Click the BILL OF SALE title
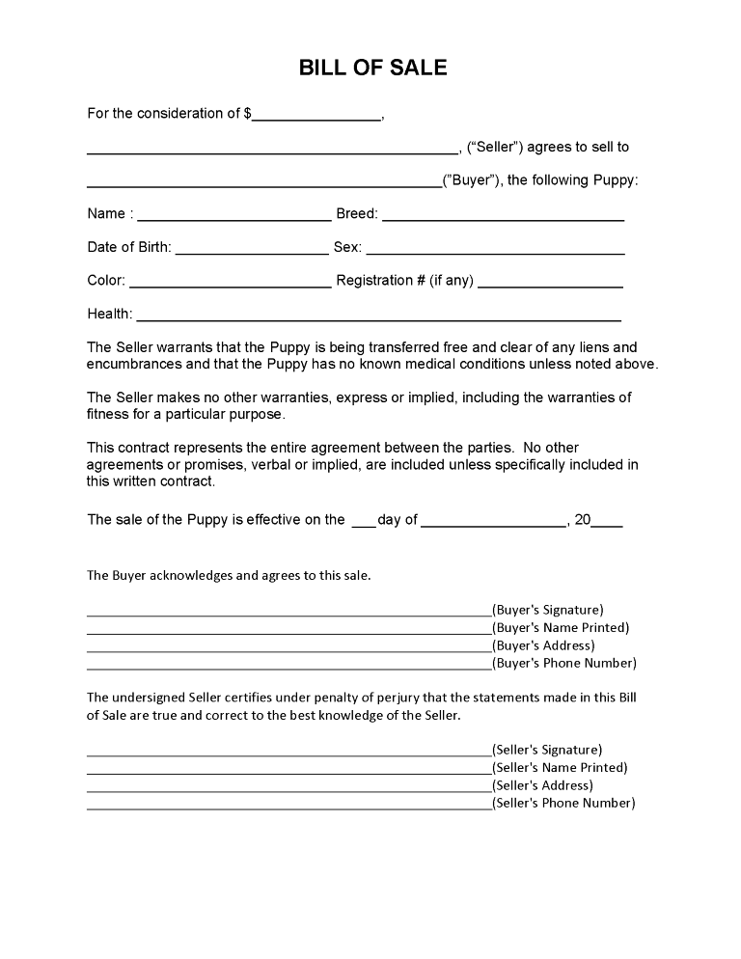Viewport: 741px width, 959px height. pyautogui.click(x=372, y=68)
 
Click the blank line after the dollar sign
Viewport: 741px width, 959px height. pyautogui.click(x=317, y=117)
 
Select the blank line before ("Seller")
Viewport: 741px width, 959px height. pyautogui.click(x=272, y=151)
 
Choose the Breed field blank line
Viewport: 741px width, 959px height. pyautogui.click(x=503, y=218)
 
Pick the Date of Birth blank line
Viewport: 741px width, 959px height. pyautogui.click(x=252, y=251)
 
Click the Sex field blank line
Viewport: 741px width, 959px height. pyautogui.click(x=495, y=251)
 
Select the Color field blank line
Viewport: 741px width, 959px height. pyautogui.click(x=230, y=285)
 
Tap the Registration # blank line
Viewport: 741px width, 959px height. pyautogui.click(x=550, y=285)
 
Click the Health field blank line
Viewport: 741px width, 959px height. pyautogui.click(x=378, y=317)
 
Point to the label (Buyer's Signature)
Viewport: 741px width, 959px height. pyautogui.click(x=548, y=610)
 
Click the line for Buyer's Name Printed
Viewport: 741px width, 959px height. pyautogui.click(x=288, y=633)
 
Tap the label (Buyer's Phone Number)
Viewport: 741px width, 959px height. pyautogui.click(x=564, y=664)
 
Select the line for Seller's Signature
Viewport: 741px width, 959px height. pyautogui.click(x=288, y=755)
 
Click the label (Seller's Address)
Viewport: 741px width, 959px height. pyautogui.click(x=543, y=785)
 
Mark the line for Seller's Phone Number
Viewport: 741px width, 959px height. pyautogui.click(x=288, y=808)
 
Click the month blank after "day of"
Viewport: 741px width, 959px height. pyautogui.click(x=493, y=525)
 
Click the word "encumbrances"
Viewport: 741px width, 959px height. pyautogui.click(x=134, y=365)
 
